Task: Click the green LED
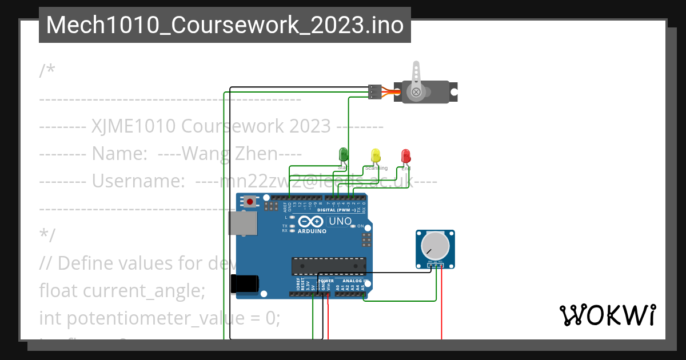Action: pyautogui.click(x=343, y=154)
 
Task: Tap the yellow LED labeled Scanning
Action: pyautogui.click(x=376, y=155)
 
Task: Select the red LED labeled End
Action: pyautogui.click(x=405, y=155)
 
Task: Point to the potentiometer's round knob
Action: pyautogui.click(x=435, y=246)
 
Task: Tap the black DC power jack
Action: pyautogui.click(x=244, y=283)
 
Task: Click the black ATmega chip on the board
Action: pyautogui.click(x=328, y=266)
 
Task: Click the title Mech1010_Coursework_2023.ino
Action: pyautogui.click(x=225, y=25)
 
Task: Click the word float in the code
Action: pyautogui.click(x=59, y=291)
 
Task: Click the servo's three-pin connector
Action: pyautogui.click(x=374, y=92)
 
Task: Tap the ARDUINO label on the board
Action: pyautogui.click(x=312, y=231)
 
